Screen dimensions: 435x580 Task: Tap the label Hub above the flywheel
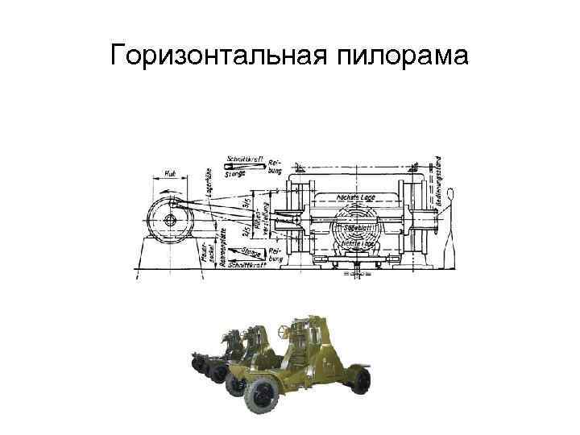coord(172,173)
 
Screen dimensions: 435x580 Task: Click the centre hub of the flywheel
coord(172,220)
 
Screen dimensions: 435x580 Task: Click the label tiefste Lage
coord(360,242)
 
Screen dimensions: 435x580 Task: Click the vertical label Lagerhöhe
coord(209,183)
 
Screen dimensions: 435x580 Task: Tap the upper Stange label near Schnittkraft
coord(234,172)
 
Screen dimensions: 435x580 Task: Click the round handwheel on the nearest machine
coord(282,329)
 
